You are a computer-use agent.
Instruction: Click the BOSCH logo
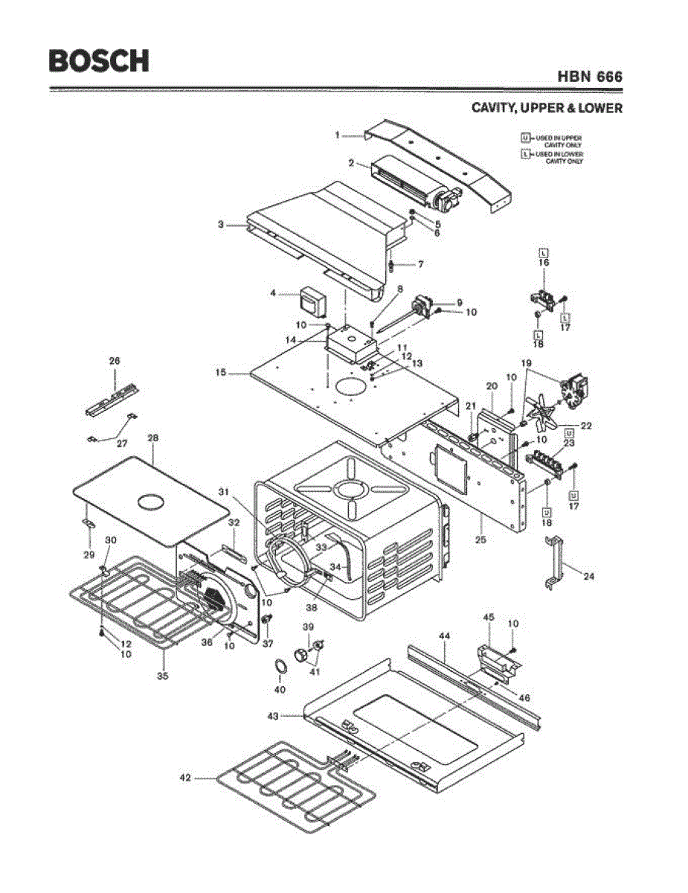98,61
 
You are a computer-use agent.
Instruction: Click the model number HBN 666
589,77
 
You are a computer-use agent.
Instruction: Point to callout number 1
337,135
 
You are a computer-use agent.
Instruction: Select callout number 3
221,224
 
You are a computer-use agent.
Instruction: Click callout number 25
480,539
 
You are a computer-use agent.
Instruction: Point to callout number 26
115,361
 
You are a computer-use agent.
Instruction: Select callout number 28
153,438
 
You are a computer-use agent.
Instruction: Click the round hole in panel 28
152,501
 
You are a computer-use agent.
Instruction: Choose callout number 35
162,676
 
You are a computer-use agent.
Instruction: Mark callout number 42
185,778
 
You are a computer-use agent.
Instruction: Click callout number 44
445,636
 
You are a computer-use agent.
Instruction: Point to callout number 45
489,618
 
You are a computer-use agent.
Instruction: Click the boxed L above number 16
544,252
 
